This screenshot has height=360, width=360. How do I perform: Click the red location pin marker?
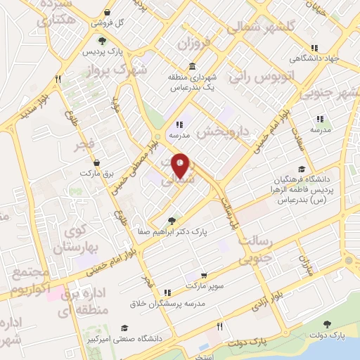click(x=181, y=165)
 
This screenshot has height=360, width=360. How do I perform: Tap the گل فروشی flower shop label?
click(x=110, y=22)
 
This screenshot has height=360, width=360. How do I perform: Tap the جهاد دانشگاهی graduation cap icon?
click(x=328, y=47)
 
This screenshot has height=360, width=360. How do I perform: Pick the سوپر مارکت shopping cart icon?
click(x=204, y=276)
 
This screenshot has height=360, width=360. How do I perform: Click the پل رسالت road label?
click(x=227, y=210)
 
